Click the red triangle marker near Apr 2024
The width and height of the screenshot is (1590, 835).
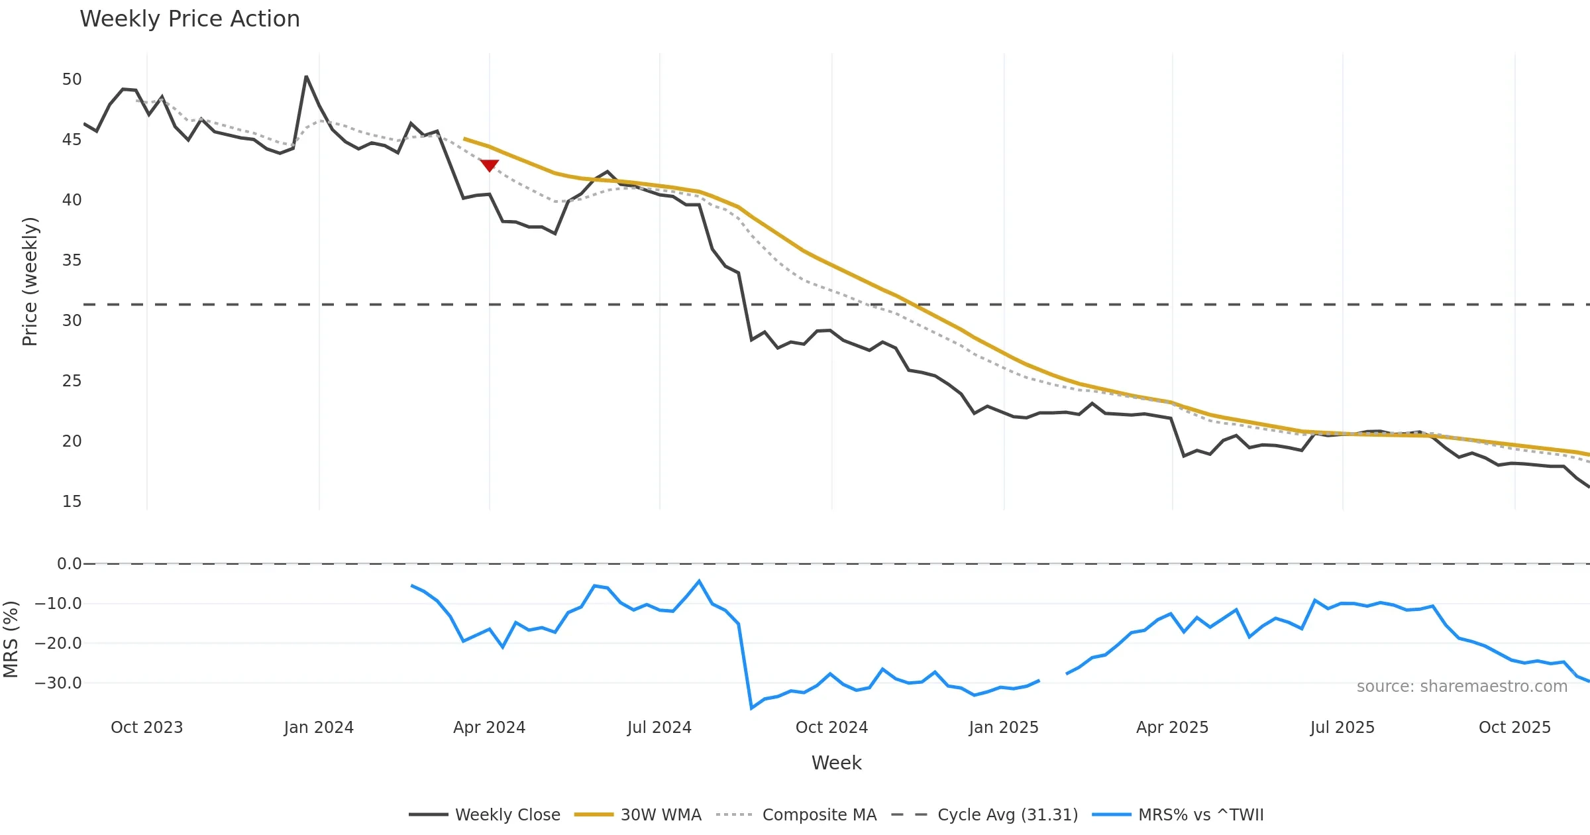click(x=489, y=165)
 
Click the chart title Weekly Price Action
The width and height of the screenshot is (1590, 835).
click(x=189, y=19)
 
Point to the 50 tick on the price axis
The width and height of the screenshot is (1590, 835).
click(x=72, y=80)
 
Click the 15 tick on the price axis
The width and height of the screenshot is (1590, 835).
click(x=72, y=502)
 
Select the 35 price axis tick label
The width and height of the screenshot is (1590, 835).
click(x=72, y=260)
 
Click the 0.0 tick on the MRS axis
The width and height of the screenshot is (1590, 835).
click(x=69, y=564)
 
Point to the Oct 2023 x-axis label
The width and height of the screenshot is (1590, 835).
click(x=146, y=728)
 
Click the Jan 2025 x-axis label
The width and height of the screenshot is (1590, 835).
click(x=1003, y=728)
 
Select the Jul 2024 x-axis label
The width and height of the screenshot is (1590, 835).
click(x=659, y=728)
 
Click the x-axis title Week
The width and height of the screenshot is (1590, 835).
click(x=836, y=763)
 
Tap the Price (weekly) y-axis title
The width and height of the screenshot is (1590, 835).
click(x=30, y=282)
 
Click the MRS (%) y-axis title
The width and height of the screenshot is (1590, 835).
click(x=11, y=640)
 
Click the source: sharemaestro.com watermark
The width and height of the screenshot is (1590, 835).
click(x=1461, y=687)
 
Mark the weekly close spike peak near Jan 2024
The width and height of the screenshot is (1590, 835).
click(x=306, y=77)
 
